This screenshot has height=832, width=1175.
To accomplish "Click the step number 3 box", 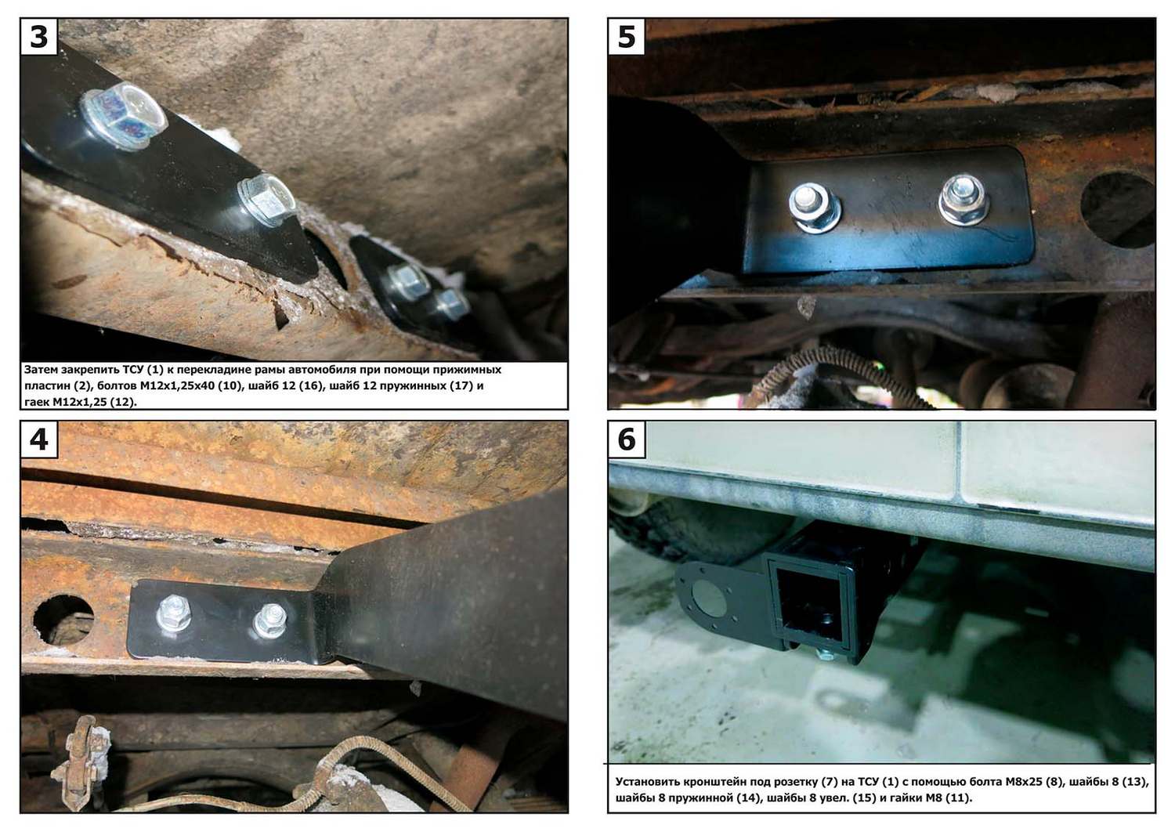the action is click(x=39, y=37).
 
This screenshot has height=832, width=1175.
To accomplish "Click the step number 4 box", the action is click(x=39, y=440).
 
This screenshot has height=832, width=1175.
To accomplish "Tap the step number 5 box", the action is click(x=627, y=37).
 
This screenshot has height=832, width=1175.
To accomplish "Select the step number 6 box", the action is click(x=627, y=440).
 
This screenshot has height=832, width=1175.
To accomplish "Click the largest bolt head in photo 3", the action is click(x=124, y=115).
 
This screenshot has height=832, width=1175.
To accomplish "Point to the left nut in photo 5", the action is click(x=813, y=207).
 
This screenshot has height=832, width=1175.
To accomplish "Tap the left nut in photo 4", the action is click(x=174, y=612).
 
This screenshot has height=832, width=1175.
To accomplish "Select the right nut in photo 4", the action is click(x=270, y=620).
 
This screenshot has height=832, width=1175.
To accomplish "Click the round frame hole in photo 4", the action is click(x=63, y=620).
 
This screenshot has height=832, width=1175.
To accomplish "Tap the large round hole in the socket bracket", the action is click(x=709, y=599).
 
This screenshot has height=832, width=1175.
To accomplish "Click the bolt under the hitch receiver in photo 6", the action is click(x=824, y=654).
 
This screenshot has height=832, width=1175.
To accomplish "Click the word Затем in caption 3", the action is click(x=41, y=369).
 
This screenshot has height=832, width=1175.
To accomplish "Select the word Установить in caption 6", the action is click(x=648, y=782).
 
